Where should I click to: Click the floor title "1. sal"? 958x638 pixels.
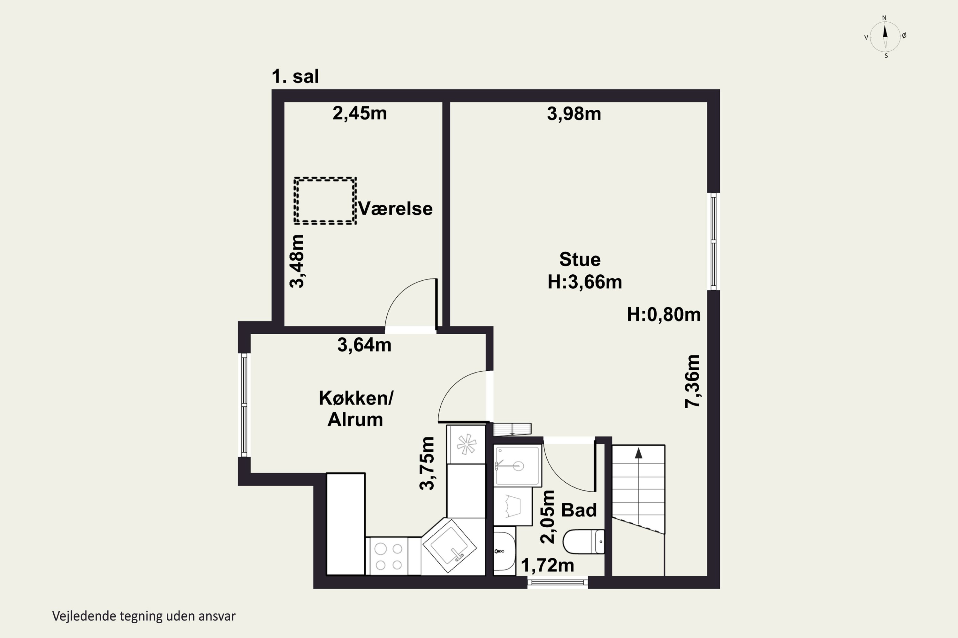(x=295, y=77)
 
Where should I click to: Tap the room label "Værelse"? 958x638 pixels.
(x=395, y=209)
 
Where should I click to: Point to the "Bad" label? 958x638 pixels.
(x=579, y=510)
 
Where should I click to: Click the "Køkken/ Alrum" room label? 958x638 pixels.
(x=356, y=409)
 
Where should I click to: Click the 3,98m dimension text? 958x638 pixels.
(x=574, y=114)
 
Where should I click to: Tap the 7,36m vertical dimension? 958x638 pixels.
(x=692, y=381)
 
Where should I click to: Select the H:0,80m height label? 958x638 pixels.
(x=664, y=315)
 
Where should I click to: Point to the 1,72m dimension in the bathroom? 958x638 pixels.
(x=547, y=565)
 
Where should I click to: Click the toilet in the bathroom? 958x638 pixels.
(x=584, y=542)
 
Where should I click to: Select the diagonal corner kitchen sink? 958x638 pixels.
(x=449, y=545)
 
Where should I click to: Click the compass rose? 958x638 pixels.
(x=885, y=37)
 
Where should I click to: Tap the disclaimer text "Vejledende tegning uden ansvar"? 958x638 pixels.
(x=144, y=616)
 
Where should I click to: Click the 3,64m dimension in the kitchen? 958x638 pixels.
(x=364, y=345)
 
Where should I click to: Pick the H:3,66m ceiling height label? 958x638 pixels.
(x=584, y=282)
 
